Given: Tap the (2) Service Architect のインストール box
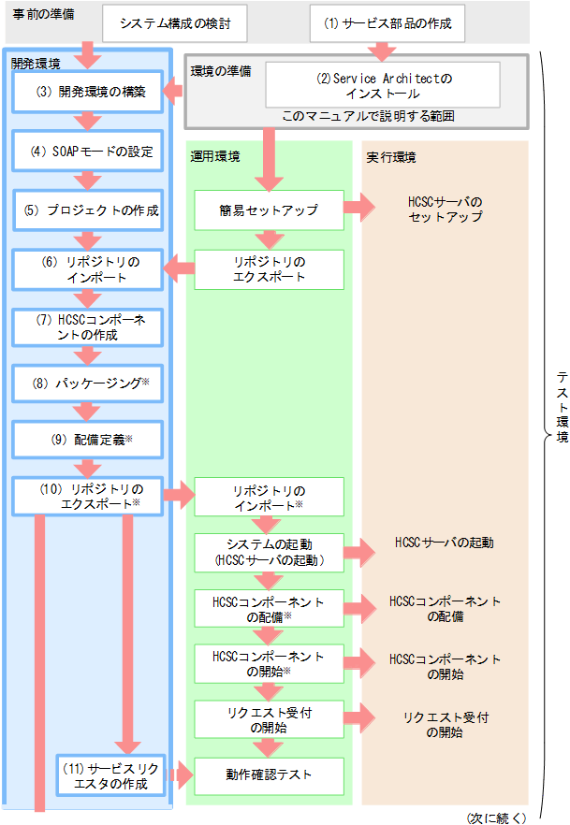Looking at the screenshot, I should click(x=383, y=85).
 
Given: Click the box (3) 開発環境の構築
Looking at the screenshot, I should click(x=87, y=92).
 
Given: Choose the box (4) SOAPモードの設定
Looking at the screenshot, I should click(x=87, y=152).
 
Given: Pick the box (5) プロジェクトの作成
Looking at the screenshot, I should click(x=87, y=210).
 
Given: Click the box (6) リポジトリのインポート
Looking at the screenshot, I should click(x=87, y=269).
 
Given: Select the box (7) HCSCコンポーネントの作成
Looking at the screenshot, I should click(x=87, y=327).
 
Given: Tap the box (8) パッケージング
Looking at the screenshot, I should click(x=87, y=384).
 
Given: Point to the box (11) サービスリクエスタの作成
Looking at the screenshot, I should click(x=110, y=775).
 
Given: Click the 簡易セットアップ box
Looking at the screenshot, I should click(x=269, y=210).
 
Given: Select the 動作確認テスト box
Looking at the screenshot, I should click(x=269, y=775).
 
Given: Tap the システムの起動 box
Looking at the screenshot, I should click(x=269, y=553).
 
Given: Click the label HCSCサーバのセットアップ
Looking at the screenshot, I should click(x=446, y=210).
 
